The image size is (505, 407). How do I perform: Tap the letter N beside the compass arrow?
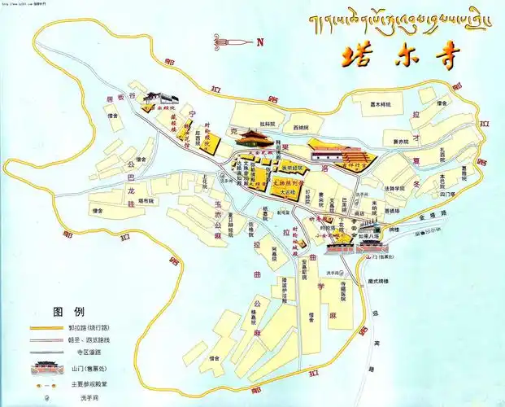click(259, 42)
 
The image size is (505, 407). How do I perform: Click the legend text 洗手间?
click(84, 399)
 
